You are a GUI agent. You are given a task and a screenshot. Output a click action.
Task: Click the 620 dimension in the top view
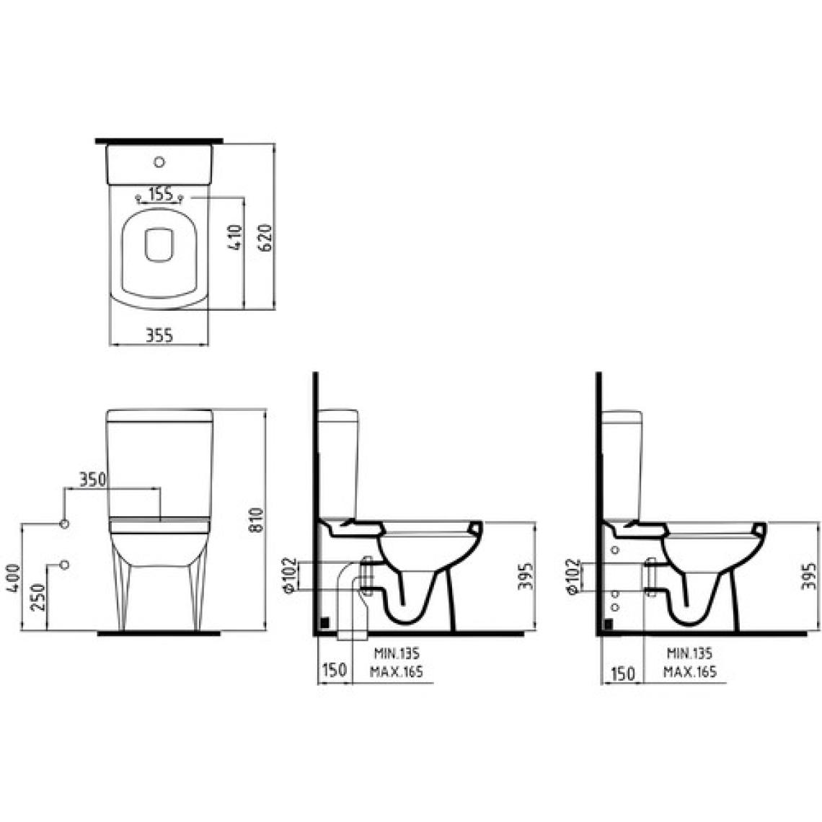[266, 237]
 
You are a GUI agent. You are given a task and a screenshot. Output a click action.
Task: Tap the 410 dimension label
[235, 237]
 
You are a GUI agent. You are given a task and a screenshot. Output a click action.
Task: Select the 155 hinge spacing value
[160, 194]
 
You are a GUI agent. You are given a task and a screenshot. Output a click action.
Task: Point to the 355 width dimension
[159, 335]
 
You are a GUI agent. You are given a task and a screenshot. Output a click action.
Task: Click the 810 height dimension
[256, 520]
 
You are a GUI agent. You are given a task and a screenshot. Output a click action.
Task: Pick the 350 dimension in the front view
[92, 479]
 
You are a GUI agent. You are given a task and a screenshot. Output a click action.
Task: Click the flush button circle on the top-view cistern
[159, 162]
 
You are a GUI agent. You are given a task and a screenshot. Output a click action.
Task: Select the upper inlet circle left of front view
[64, 523]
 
